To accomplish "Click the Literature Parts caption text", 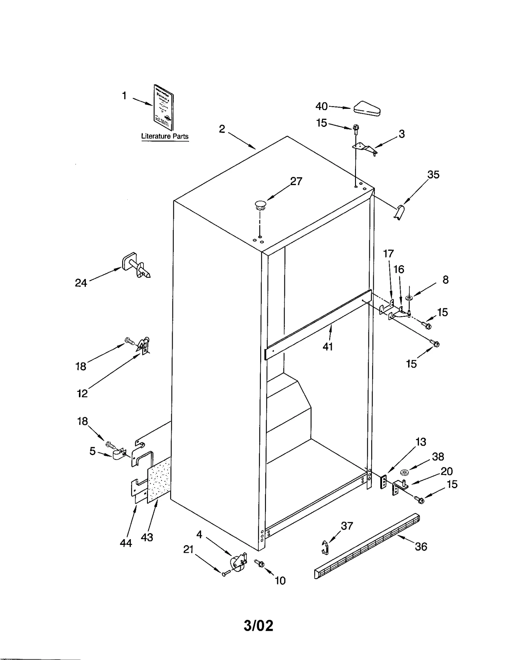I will pyautogui.click(x=165, y=136).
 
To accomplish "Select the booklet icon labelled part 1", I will pyautogui.click(x=164, y=108).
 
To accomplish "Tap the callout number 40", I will pyautogui.click(x=321, y=106).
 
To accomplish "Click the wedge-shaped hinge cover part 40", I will pyautogui.click(x=367, y=109).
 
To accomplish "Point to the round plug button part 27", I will pyautogui.click(x=260, y=205).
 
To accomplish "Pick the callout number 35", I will pyautogui.click(x=433, y=175).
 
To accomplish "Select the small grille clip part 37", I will pyautogui.click(x=325, y=547).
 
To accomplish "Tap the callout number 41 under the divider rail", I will pyautogui.click(x=328, y=346).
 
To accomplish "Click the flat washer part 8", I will pyautogui.click(x=409, y=298).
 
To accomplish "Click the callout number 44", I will pyautogui.click(x=126, y=543).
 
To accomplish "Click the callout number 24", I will pyautogui.click(x=81, y=283).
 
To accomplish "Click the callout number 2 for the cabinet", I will pyautogui.click(x=222, y=129).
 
